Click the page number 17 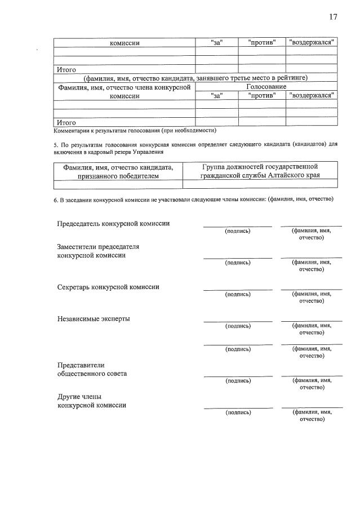(x=333, y=17)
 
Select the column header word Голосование (x=266, y=86)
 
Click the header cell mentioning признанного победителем (x=118, y=171)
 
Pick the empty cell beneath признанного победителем (x=118, y=184)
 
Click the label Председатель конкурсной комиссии (x=113, y=223)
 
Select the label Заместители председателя (x=98, y=247)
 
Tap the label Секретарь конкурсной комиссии (x=108, y=287)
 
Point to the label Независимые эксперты (x=94, y=318)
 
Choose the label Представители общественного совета (x=92, y=369)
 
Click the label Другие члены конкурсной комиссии (x=91, y=401)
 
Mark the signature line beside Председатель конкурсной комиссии (x=237, y=225)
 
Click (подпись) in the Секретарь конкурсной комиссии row (x=237, y=294)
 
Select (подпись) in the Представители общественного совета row (x=237, y=380)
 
